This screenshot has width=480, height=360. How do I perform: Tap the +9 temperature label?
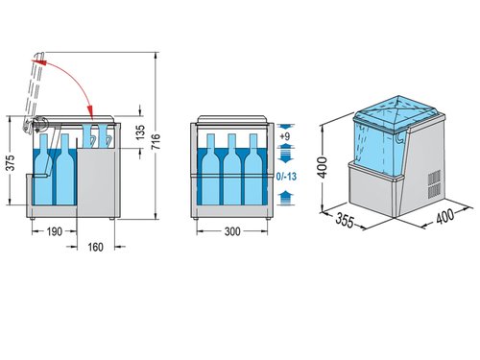284,138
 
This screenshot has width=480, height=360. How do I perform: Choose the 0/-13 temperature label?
285,177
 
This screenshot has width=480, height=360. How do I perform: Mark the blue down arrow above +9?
284,126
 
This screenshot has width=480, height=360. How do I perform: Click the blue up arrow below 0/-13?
284,195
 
